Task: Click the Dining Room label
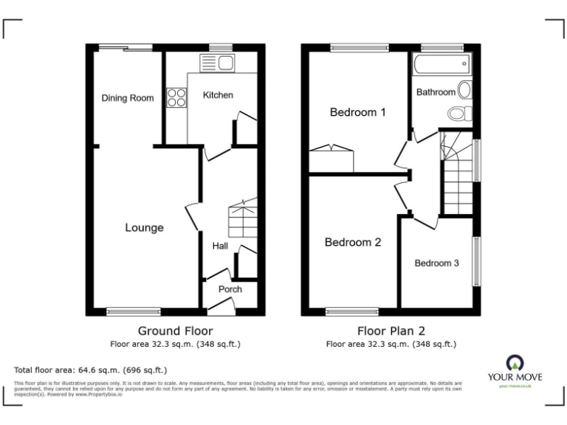point(127,98)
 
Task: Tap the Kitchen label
point(218,95)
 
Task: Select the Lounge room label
point(143,228)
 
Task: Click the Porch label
point(230,289)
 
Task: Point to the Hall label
point(220,246)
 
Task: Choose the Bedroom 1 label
point(357,113)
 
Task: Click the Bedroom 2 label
point(352,242)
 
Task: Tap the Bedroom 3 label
point(436,263)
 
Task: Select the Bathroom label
point(436,92)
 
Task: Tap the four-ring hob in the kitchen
point(176,97)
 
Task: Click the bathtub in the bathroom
point(441,64)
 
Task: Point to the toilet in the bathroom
point(459,114)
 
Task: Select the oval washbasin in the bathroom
point(465,90)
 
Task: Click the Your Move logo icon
point(514,362)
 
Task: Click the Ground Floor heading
point(175,331)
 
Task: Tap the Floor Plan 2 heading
point(391,331)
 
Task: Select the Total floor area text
point(90,369)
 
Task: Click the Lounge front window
point(134,311)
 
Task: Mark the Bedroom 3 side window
point(478,262)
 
